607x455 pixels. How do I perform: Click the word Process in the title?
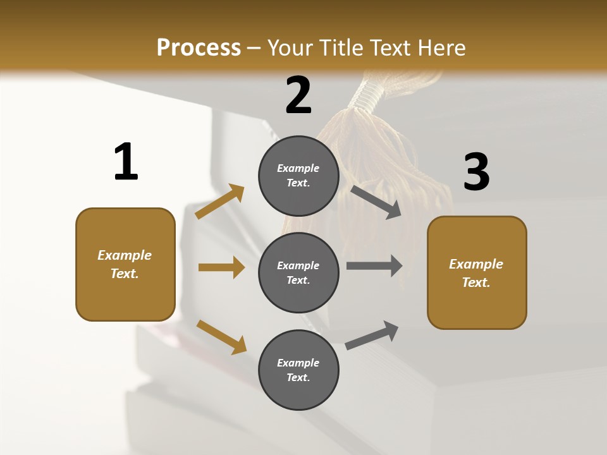pyautogui.click(x=199, y=47)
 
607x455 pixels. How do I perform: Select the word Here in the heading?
pyautogui.click(x=441, y=47)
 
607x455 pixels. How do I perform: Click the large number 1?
pyautogui.click(x=126, y=162)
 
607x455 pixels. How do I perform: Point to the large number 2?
pyautogui.click(x=298, y=95)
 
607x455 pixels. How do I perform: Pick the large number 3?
pyautogui.click(x=476, y=173)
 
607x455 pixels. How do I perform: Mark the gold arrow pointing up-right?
pyautogui.click(x=220, y=202)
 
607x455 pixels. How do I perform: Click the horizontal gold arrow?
pyautogui.click(x=221, y=267)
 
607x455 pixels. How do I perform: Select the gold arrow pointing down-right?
pyautogui.click(x=221, y=337)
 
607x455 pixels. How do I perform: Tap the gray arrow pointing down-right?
pyautogui.click(x=376, y=202)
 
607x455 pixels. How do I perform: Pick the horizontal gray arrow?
pyautogui.click(x=374, y=266)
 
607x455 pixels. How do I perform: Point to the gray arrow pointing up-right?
pyautogui.click(x=372, y=336)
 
